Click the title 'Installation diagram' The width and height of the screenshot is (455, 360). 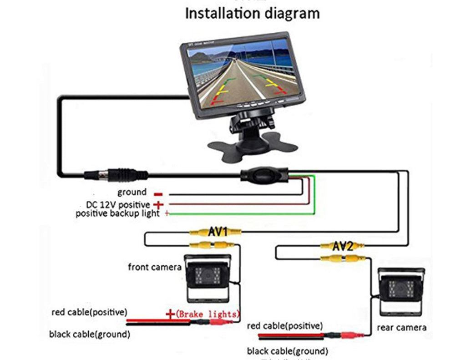coord(252,13)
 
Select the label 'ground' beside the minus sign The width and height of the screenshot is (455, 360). coord(132,192)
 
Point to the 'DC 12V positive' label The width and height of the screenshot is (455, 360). coord(118,205)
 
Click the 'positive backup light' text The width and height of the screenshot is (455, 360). coord(118,213)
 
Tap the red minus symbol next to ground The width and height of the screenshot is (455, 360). coord(158,194)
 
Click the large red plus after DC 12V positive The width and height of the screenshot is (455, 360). coord(158,205)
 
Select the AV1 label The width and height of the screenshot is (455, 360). coord(217,232)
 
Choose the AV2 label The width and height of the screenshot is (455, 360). coord(342,247)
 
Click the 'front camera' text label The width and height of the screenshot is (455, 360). coord(155,267)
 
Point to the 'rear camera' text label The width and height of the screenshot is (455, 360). coord(402,328)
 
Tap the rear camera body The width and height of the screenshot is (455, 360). coord(400,294)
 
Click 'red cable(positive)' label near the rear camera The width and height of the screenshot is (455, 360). coord(285,326)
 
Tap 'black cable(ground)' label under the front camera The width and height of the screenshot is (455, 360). coord(90,335)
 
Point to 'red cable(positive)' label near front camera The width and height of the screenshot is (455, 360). coord(89,312)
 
